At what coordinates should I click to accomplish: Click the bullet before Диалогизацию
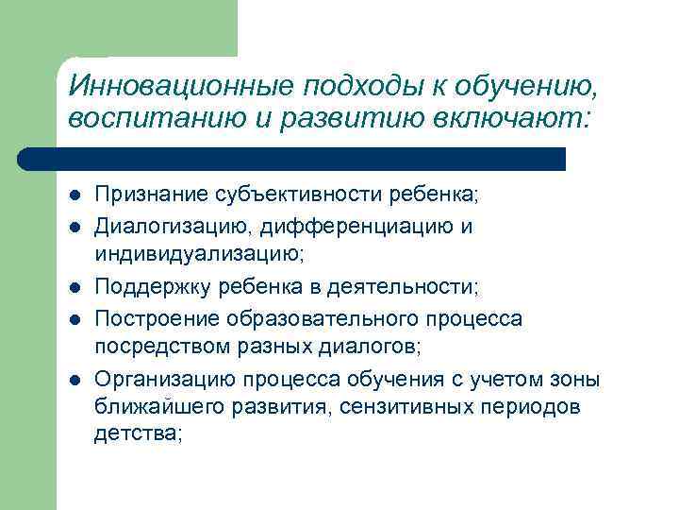74,228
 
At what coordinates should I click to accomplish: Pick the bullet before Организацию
74,381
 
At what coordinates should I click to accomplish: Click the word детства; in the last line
138,433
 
